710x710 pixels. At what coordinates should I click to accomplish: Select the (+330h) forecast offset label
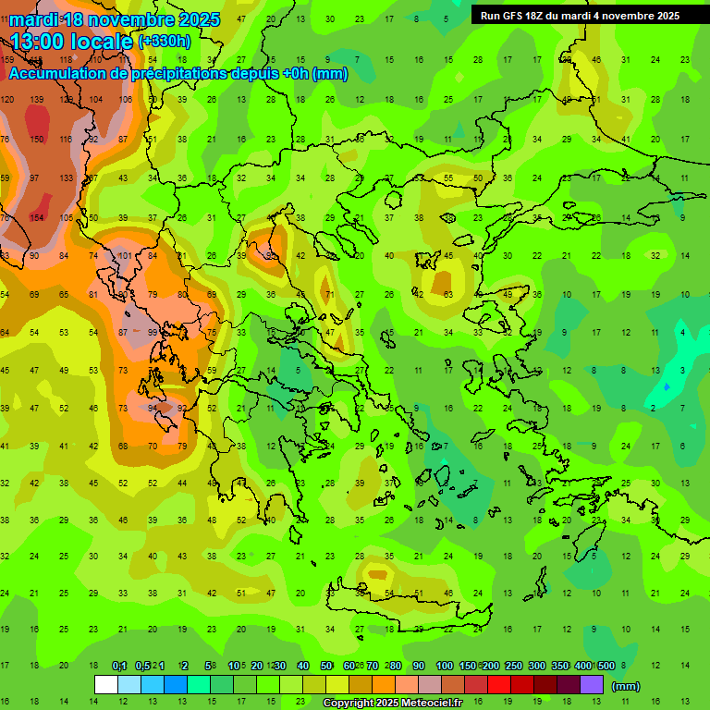pos(165,41)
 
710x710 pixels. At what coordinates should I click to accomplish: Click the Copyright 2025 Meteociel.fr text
pos(392,704)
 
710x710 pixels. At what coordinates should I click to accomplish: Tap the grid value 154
pos(37,217)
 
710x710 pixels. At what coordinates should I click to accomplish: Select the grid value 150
pos(37,139)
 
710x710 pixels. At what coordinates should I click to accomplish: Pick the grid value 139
pos(37,99)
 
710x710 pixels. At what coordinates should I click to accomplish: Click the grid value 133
pos(67,177)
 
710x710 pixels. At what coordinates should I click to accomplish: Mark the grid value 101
pos(125,256)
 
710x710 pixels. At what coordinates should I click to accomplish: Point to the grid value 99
pos(153,332)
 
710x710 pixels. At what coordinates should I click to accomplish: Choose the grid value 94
pos(153,408)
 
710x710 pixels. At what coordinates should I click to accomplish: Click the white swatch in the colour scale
pos(106,685)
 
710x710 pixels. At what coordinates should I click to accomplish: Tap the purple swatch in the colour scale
pos(592,685)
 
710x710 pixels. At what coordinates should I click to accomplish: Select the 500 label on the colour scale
pos(606,667)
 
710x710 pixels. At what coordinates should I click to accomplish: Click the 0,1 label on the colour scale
pos(119,667)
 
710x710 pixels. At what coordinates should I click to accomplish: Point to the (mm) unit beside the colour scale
pos(626,686)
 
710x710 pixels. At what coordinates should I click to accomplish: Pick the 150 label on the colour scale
pos(468,667)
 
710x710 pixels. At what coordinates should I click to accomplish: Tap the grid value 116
pos(67,139)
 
